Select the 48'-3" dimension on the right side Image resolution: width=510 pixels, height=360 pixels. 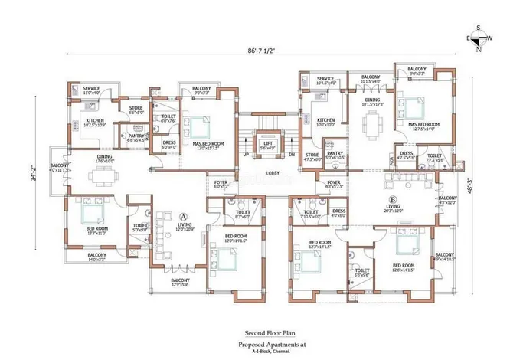[x=490, y=185]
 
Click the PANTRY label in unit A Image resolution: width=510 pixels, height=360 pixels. [x=138, y=136]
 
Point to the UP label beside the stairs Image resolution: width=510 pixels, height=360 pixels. [x=245, y=154]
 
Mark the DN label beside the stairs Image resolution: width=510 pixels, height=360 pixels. [x=292, y=154]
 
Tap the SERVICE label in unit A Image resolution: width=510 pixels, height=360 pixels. [x=91, y=88]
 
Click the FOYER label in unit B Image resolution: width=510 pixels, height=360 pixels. [x=334, y=182]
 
